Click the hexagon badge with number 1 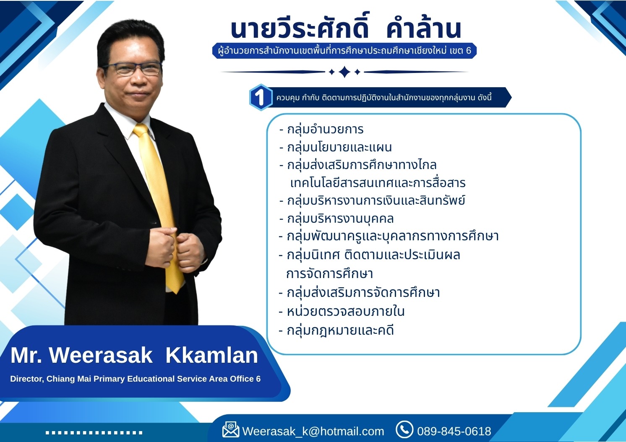(x=261, y=97)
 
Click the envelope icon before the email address (x=231, y=430)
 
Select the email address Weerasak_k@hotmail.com (x=313, y=432)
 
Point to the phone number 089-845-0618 (x=454, y=432)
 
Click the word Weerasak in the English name (x=101, y=355)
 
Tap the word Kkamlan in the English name (x=211, y=355)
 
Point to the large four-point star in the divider (x=344, y=72)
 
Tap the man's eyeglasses (x=133, y=69)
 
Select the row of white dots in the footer (x=94, y=433)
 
